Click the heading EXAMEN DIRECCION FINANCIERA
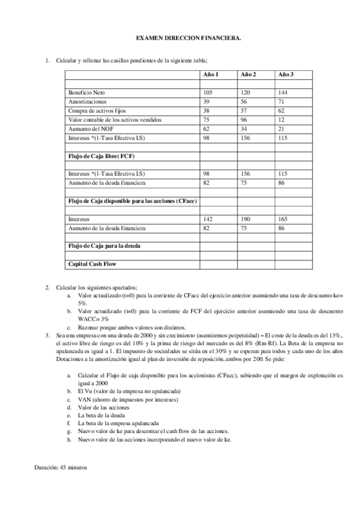180,37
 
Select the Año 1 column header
212,74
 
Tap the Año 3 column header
285,74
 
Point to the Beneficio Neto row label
87,93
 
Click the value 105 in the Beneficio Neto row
209,93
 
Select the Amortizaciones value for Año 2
245,102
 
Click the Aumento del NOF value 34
245,129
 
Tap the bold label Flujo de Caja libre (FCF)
101,156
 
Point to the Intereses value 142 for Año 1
209,220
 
